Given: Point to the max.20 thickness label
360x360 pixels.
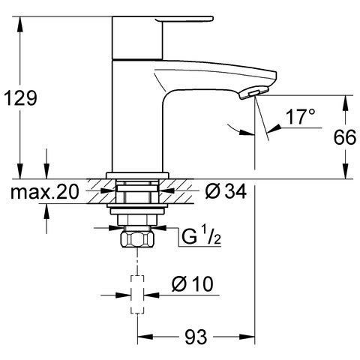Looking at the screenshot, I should (44, 193).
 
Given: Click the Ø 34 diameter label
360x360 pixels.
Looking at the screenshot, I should (224, 193).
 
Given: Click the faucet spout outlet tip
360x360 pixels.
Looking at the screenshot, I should (255, 91).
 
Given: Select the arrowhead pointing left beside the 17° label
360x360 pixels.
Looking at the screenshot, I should (271, 132).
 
